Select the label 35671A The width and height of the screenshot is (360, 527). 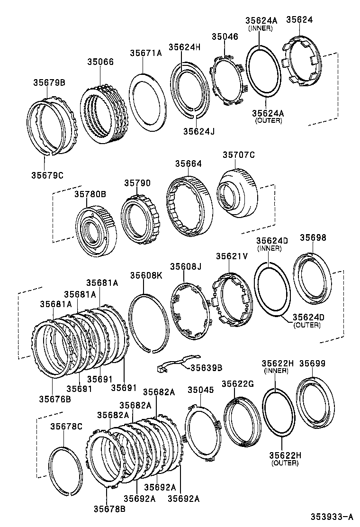[146, 53]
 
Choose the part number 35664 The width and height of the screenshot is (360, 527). [188, 164]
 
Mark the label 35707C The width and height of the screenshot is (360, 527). [239, 155]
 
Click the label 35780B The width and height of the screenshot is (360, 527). [90, 193]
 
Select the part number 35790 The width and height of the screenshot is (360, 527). [137, 182]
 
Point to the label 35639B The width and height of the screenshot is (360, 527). [206, 367]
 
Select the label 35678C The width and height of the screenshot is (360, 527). [66, 427]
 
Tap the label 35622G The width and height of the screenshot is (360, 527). [238, 384]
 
